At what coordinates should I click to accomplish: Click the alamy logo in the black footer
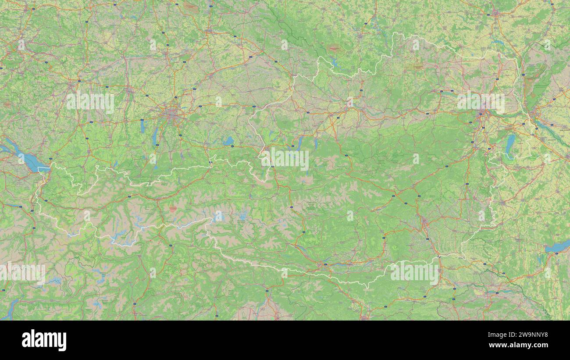44,340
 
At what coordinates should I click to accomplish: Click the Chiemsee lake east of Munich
228,141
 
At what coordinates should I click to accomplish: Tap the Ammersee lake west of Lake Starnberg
142,126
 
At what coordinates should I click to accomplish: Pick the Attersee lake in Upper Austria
300,143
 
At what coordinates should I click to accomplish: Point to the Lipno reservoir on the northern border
334,62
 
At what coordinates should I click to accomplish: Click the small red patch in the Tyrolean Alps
173,210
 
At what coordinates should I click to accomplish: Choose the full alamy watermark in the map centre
285,158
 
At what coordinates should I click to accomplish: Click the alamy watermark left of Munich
90,102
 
